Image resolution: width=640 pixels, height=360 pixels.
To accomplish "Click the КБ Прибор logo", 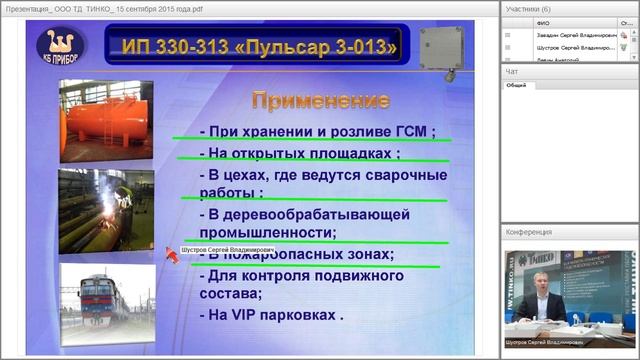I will pyautogui.click(x=61, y=46).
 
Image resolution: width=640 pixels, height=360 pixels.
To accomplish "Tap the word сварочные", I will pyautogui.click(x=400, y=175).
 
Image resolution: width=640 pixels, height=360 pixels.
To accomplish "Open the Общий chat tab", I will pyautogui.click(x=516, y=86).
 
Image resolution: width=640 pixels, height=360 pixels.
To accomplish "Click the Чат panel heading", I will pyautogui.click(x=512, y=72).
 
